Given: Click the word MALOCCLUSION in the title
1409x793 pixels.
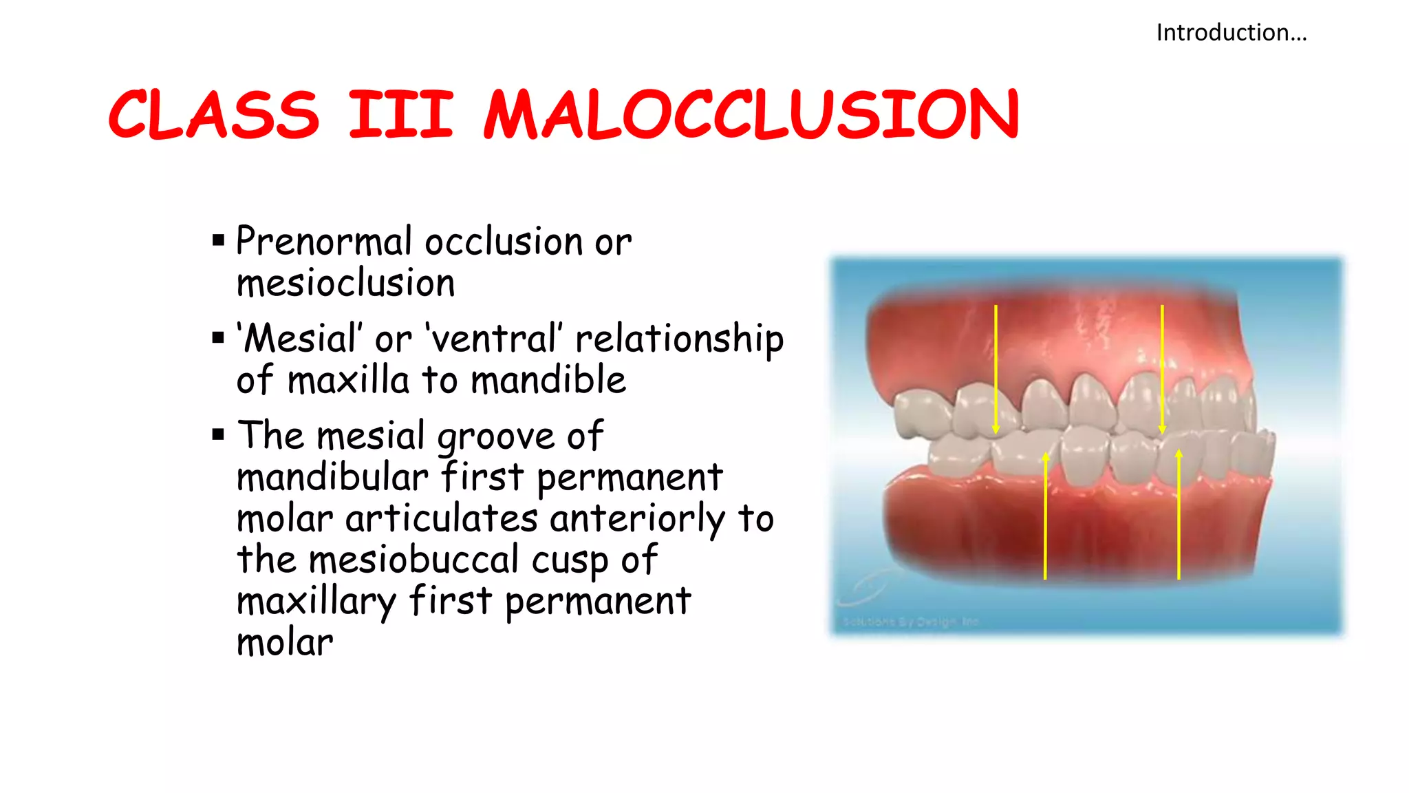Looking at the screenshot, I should click(x=751, y=114).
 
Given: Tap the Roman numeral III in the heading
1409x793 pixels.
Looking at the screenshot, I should click(x=401, y=114).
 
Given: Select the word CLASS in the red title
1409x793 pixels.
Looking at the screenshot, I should click(x=214, y=114).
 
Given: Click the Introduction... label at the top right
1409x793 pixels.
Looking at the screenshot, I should click(x=1231, y=32).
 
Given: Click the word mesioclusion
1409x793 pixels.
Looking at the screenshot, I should click(x=345, y=283).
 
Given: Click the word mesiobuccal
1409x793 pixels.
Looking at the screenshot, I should click(x=413, y=559).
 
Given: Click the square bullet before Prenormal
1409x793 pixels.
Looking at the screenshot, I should click(x=219, y=240).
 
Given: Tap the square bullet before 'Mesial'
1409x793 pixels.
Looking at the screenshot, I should click(x=219, y=337).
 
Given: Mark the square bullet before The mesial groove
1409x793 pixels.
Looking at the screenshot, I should click(x=219, y=434).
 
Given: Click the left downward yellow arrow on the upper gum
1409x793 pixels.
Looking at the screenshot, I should click(x=996, y=368).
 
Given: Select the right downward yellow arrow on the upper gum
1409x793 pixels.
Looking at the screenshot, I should click(x=1162, y=368).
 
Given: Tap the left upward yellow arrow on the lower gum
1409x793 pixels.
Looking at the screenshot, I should click(x=1045, y=516).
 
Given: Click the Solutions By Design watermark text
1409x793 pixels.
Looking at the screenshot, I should click(x=910, y=622).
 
